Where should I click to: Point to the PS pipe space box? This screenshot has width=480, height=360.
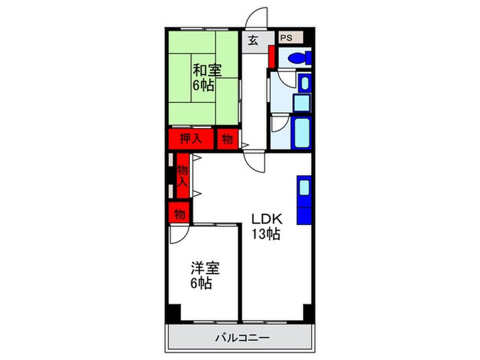pos(286,38)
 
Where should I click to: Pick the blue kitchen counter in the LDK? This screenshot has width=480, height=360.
pos(304,199)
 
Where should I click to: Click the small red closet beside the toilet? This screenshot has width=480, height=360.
pos(272,56)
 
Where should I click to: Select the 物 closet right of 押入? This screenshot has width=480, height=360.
pos(227,139)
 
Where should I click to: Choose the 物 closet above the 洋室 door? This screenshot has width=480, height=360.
pos(180,213)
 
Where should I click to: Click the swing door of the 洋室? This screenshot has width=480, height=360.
pos(178,235)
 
